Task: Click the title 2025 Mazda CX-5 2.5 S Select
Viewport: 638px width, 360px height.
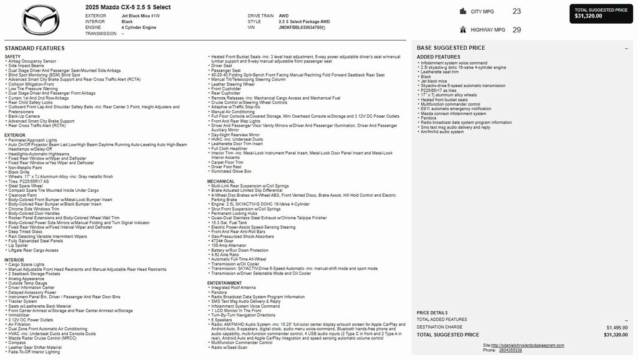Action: tap(128, 7)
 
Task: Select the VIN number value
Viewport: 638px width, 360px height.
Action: tap(302, 27)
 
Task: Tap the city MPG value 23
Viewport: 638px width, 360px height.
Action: tap(517, 11)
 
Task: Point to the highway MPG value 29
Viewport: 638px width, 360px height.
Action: tap(517, 29)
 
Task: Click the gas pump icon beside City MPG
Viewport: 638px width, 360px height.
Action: tap(463, 11)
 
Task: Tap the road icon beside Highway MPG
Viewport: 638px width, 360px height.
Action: tap(463, 29)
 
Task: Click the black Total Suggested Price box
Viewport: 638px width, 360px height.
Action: tap(601, 14)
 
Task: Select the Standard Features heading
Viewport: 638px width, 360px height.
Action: tap(34, 48)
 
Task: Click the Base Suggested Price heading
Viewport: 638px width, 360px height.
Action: tap(450, 48)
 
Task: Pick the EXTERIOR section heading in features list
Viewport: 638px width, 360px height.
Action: tap(15, 135)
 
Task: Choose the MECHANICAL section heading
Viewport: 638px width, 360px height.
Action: tap(221, 181)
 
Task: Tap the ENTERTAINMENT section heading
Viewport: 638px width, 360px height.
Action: tap(224, 283)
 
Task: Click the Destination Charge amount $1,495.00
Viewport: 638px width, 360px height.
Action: tap(617, 327)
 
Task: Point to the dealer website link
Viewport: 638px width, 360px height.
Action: tap(527, 345)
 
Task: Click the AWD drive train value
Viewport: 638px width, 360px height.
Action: tap(283, 16)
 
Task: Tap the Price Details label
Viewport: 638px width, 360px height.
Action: tap(432, 313)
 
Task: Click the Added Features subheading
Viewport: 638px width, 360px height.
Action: tap(439, 57)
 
